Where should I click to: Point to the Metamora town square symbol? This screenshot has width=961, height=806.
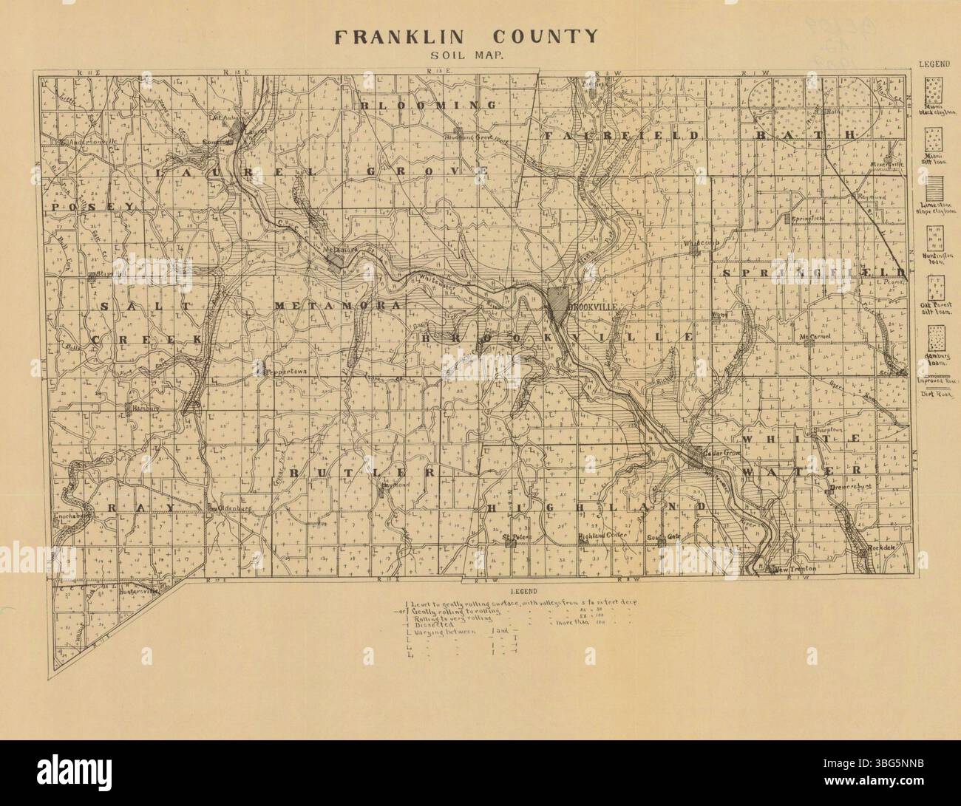(x=337, y=261)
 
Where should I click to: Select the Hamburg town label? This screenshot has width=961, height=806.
(x=143, y=408)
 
